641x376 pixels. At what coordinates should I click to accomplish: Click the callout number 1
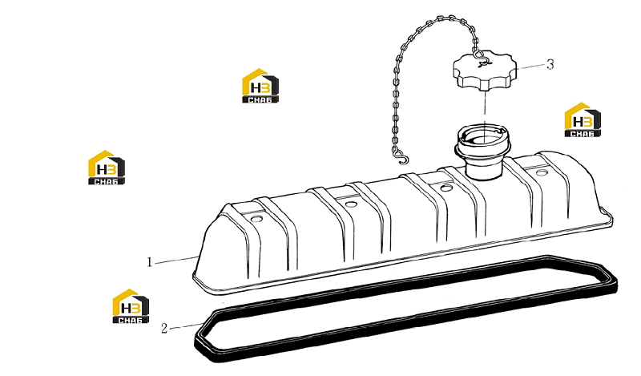(150, 262)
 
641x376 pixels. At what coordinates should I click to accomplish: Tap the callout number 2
(164, 328)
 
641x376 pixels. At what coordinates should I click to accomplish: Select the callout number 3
(550, 64)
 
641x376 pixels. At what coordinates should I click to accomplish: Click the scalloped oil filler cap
(485, 71)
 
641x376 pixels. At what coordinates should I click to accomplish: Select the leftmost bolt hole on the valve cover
(256, 219)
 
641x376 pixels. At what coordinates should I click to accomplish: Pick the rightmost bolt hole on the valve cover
(542, 172)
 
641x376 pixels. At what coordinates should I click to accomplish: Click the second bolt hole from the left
(351, 204)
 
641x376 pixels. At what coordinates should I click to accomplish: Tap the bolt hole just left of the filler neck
(447, 188)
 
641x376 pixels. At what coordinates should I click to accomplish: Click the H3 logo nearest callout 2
(131, 306)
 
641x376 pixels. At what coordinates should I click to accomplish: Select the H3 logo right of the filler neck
(583, 119)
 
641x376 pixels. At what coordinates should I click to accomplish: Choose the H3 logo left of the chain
(260, 86)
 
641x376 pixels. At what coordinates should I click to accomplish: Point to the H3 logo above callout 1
(107, 168)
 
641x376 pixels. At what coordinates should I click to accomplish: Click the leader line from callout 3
(530, 67)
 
